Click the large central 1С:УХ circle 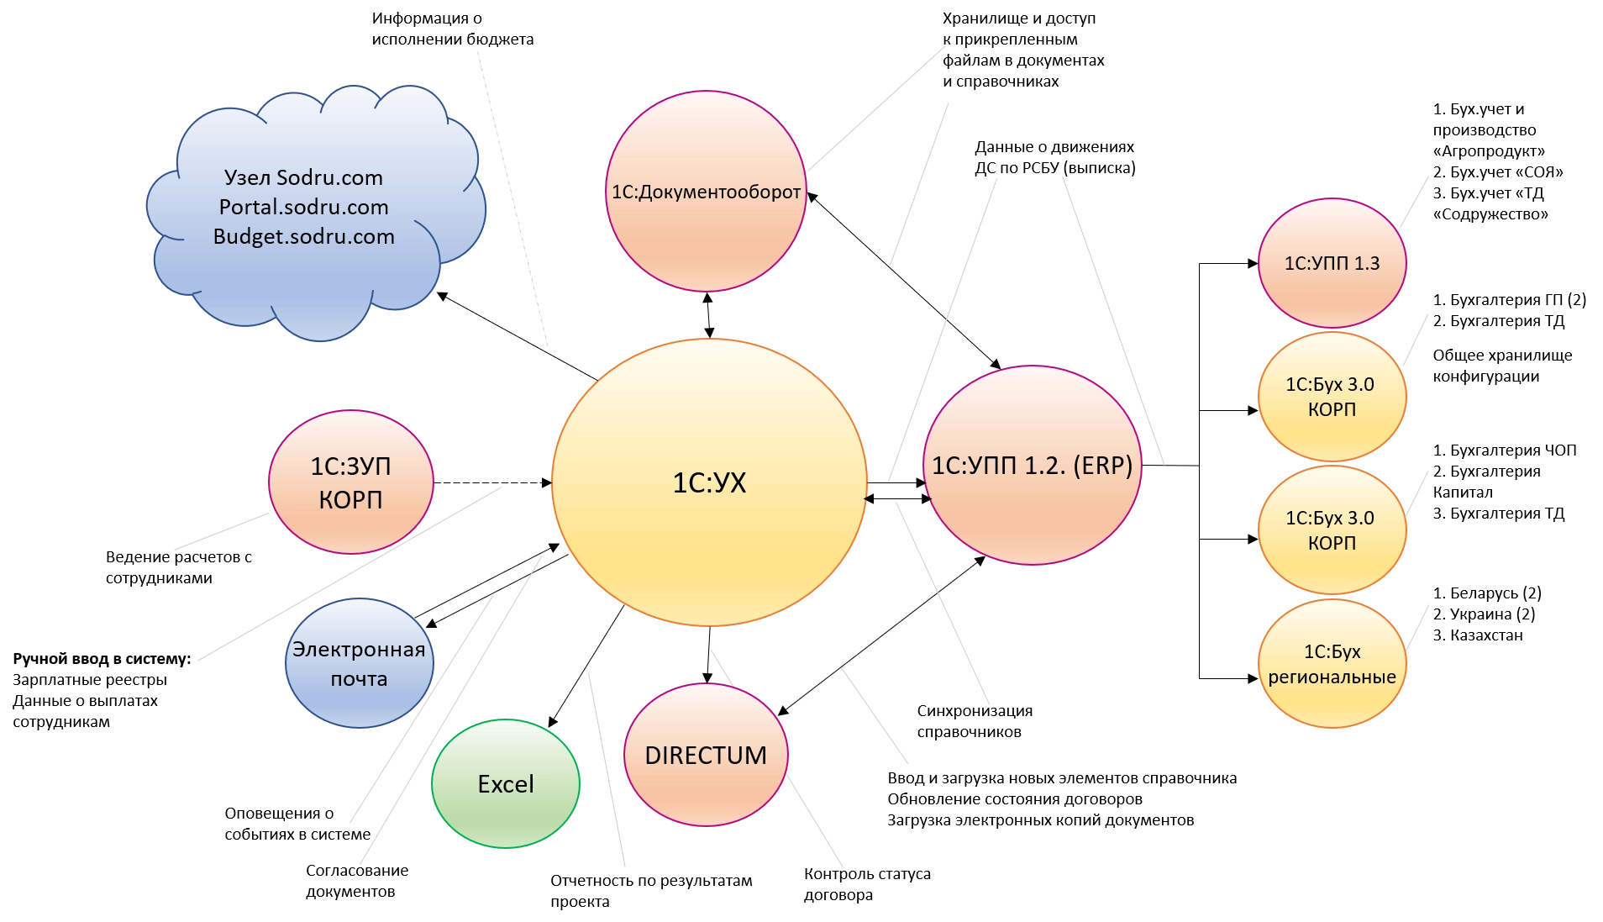[709, 482]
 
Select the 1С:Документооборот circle [706, 192]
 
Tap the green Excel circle [506, 784]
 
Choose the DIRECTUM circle [706, 756]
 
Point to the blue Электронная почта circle [360, 664]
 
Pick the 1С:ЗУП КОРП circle [350, 482]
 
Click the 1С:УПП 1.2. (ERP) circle [1033, 466]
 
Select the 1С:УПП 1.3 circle [1332, 263]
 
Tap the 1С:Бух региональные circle [1332, 664]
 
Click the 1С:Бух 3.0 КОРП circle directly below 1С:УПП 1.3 [1332, 397]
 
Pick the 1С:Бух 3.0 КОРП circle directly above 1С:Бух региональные [1332, 530]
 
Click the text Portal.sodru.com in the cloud [304, 207]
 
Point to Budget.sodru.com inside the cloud [304, 236]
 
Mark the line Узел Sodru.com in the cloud [304, 177]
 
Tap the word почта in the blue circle [359, 679]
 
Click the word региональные [1332, 677]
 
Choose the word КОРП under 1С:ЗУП [350, 500]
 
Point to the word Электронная [359, 650]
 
